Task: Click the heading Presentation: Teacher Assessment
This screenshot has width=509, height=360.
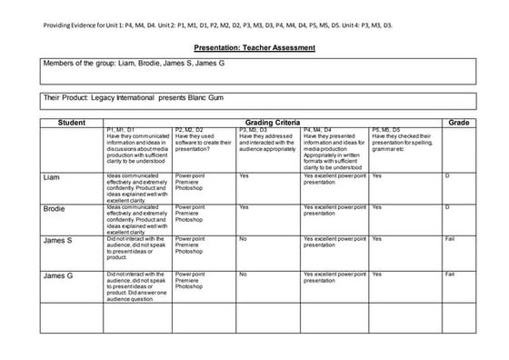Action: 254,47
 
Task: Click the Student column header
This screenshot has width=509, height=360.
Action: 71,122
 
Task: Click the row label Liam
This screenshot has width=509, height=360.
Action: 52,177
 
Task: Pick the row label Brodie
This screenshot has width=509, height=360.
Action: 55,208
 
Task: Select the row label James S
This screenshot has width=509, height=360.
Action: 58,240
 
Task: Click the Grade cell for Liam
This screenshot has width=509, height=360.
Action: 448,175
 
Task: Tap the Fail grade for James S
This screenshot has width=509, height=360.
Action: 449,238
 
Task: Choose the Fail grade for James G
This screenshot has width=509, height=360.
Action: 449,272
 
